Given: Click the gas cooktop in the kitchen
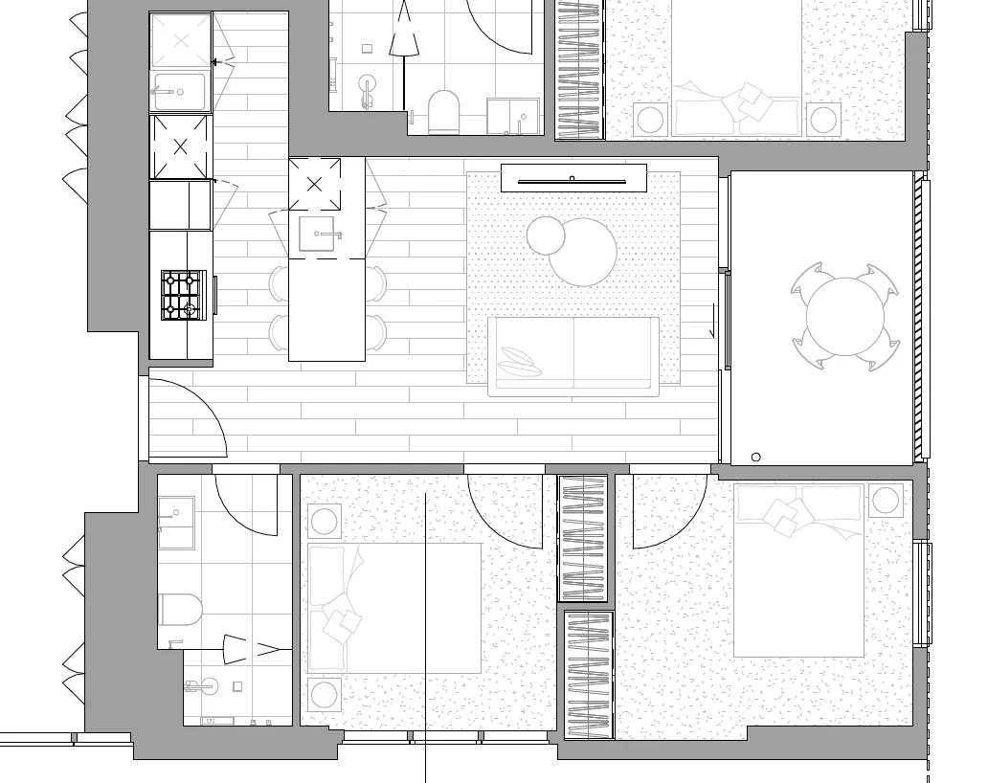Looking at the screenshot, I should [182, 294].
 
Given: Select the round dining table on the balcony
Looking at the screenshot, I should [846, 316].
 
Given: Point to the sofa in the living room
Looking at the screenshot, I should [573, 355].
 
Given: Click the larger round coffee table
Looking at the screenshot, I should [583, 253].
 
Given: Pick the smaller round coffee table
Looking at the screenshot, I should [546, 235].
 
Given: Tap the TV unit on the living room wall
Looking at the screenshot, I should [573, 179].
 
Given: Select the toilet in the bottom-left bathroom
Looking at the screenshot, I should [181, 608].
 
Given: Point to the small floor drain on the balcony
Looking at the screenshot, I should [755, 457].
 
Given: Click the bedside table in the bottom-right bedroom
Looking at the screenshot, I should [887, 500].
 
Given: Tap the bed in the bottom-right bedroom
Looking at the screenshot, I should [799, 570].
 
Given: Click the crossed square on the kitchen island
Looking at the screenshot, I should [314, 185].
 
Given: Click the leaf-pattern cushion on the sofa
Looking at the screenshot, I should [519, 362].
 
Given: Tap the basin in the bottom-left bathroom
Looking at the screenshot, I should [176, 522].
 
